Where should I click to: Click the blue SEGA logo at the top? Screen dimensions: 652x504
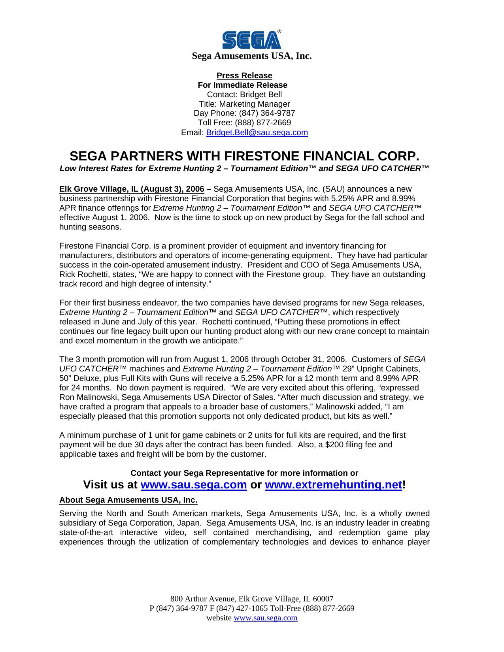coord(252,40)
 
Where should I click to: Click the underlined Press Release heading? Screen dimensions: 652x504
coord(244,75)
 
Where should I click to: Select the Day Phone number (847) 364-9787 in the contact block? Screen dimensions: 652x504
coord(267,113)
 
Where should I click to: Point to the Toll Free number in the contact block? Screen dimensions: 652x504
coord(263,123)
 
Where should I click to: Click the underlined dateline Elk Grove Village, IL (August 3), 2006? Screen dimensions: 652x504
coord(132,189)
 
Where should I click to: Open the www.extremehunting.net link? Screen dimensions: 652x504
coord(333,485)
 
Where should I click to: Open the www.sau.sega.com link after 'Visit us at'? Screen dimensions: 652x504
coord(194,485)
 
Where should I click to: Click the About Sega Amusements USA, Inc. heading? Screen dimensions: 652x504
coord(128,500)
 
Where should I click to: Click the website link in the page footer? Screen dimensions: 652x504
coord(265,618)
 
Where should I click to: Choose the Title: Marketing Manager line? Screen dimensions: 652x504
coord(244,104)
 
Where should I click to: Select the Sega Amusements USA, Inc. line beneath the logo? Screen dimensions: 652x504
coord(252,56)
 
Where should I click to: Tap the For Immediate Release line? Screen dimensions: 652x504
coord(242,85)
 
